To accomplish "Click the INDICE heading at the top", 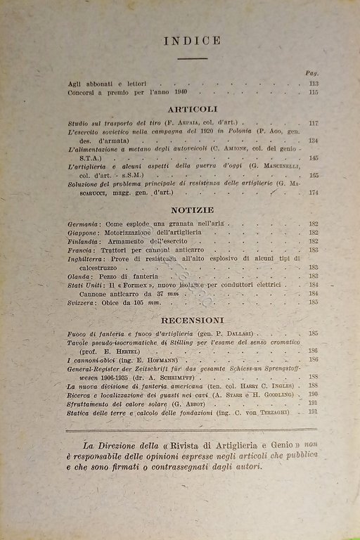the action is (x=192, y=41).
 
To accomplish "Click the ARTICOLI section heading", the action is (x=193, y=109).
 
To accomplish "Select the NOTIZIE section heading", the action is (x=192, y=210).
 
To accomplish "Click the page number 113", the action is (x=313, y=84).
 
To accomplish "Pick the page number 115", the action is (x=313, y=92).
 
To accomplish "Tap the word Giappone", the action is (x=84, y=232).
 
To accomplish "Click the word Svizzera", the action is (x=83, y=302).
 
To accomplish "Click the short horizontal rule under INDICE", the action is (x=192, y=58).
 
